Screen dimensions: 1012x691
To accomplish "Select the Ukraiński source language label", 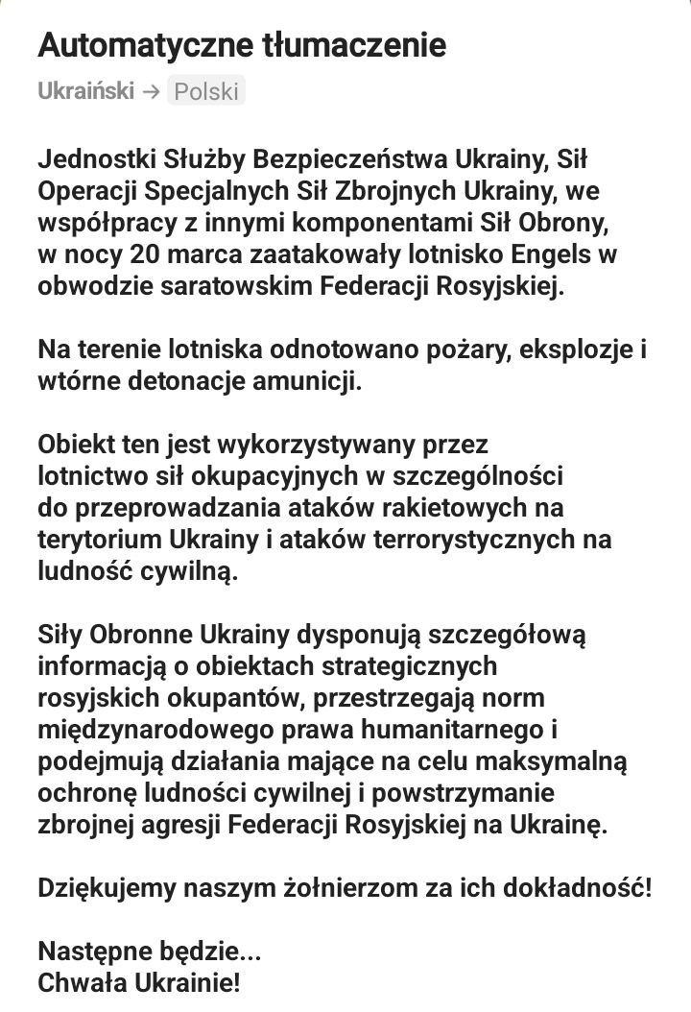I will pyautogui.click(x=86, y=91).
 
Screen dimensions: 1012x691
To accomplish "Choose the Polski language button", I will pyautogui.click(x=206, y=91).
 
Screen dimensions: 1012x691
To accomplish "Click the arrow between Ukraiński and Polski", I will pyautogui.click(x=151, y=91).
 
